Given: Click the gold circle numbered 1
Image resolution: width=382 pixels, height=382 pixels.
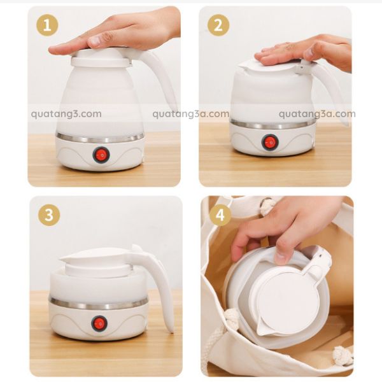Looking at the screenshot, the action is [x=47, y=25].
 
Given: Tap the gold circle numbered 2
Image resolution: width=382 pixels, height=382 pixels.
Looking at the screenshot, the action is [x=218, y=25].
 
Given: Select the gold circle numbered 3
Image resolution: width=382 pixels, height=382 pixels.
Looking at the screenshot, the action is [x=49, y=215].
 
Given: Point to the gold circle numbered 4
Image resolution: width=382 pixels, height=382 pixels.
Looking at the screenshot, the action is [x=220, y=215].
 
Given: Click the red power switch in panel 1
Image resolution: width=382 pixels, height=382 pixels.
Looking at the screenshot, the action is [x=101, y=155].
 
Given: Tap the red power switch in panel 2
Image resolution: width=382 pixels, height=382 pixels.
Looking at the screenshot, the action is [x=270, y=142].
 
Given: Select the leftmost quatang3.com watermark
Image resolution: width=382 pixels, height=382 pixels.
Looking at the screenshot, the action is [x=66, y=114].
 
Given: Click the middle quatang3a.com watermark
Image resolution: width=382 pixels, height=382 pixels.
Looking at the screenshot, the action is [x=191, y=114].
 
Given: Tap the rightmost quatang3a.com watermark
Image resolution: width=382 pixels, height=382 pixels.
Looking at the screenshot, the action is [x=317, y=114].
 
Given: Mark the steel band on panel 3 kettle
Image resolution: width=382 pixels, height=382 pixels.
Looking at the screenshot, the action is [x=99, y=303].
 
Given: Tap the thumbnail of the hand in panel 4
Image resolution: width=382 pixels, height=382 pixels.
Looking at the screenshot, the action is [x=282, y=257].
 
